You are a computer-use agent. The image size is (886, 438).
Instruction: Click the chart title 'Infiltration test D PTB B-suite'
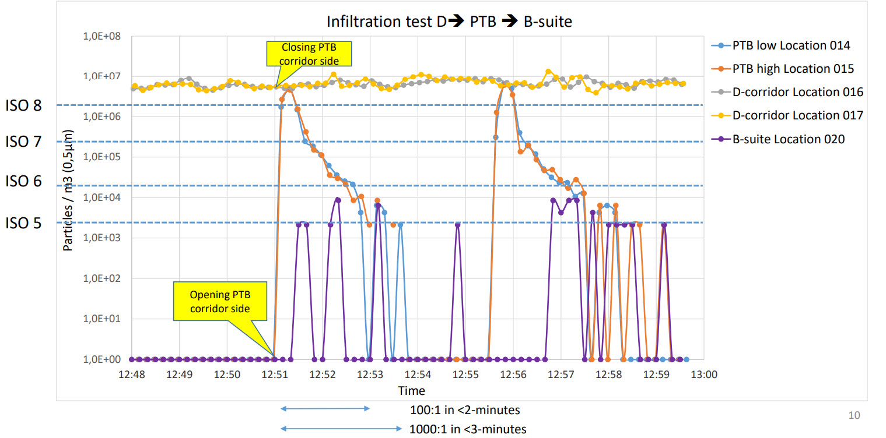[449, 22]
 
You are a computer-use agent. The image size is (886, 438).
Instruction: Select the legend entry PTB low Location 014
[791, 45]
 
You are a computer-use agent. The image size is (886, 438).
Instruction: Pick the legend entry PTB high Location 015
[793, 69]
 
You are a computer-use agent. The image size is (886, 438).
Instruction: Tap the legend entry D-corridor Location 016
[797, 92]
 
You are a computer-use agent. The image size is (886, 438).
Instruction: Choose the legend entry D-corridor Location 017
[797, 115]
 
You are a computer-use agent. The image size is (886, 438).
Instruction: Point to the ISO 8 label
[24, 107]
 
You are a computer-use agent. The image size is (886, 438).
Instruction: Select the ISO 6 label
[24, 182]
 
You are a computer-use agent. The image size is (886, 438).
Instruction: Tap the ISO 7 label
[24, 142]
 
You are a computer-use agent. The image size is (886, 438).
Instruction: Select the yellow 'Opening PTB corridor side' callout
[220, 301]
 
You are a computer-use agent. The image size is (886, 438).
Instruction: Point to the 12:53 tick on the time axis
[370, 375]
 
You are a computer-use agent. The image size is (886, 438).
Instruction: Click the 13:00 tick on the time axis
[704, 375]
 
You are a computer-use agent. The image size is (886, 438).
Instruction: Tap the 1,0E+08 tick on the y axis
[102, 36]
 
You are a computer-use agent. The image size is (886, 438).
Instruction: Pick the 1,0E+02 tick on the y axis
[102, 278]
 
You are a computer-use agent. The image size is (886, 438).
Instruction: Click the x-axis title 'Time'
[411, 390]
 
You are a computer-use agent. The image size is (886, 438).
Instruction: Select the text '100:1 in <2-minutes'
[465, 409]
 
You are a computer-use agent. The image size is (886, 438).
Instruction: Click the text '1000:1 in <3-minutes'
[468, 429]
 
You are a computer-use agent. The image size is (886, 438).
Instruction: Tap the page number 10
[854, 415]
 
